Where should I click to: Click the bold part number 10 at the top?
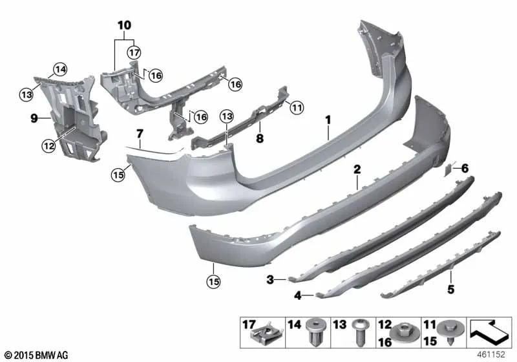point(124,25)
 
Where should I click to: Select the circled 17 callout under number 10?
point(134,52)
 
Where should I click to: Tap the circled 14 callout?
point(60,70)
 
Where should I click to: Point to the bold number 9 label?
point(34,118)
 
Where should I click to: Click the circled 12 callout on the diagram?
point(48,145)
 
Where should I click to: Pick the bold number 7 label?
point(140,134)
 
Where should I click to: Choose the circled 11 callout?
point(297,107)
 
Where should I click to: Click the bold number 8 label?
point(260,138)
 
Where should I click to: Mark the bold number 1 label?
point(328,120)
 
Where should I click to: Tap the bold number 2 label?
point(357,169)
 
